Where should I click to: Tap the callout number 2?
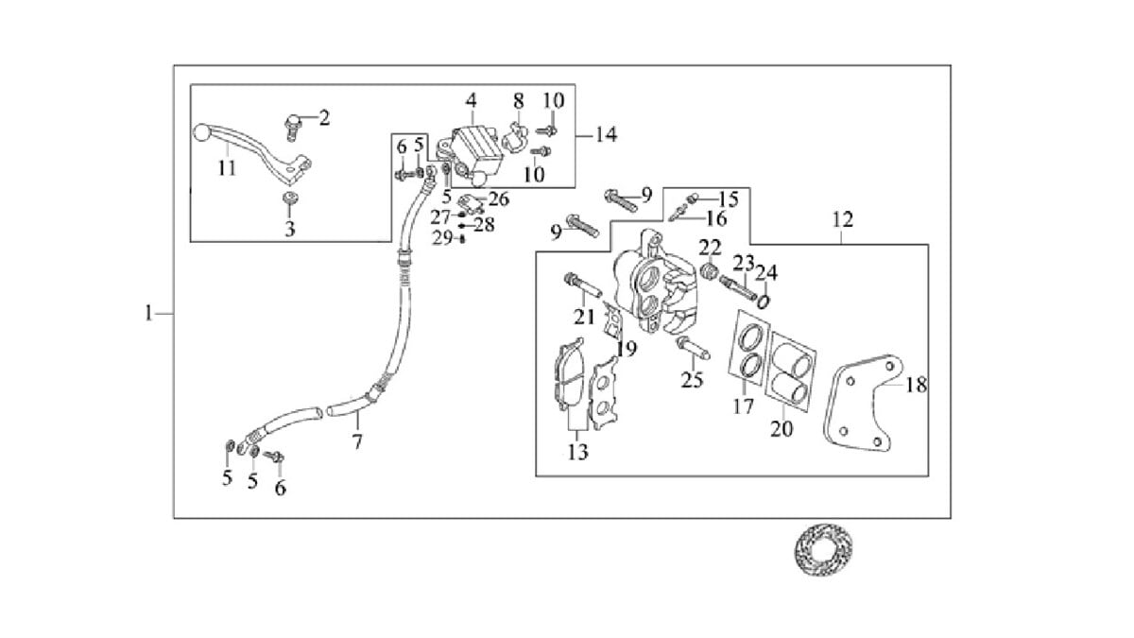(324, 118)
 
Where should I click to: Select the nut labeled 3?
(289, 198)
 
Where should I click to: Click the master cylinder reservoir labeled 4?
(476, 150)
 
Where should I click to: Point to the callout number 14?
(606, 135)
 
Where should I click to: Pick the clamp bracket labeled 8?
(515, 136)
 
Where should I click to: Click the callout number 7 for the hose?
(357, 441)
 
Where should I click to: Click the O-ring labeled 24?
(764, 302)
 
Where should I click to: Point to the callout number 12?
(843, 219)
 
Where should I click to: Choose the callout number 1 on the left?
(148, 313)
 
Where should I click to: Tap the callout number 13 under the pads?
(577, 452)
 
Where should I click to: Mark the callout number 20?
(782, 429)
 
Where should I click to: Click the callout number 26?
(498, 199)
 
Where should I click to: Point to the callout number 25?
(692, 380)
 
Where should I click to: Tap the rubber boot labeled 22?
(710, 271)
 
